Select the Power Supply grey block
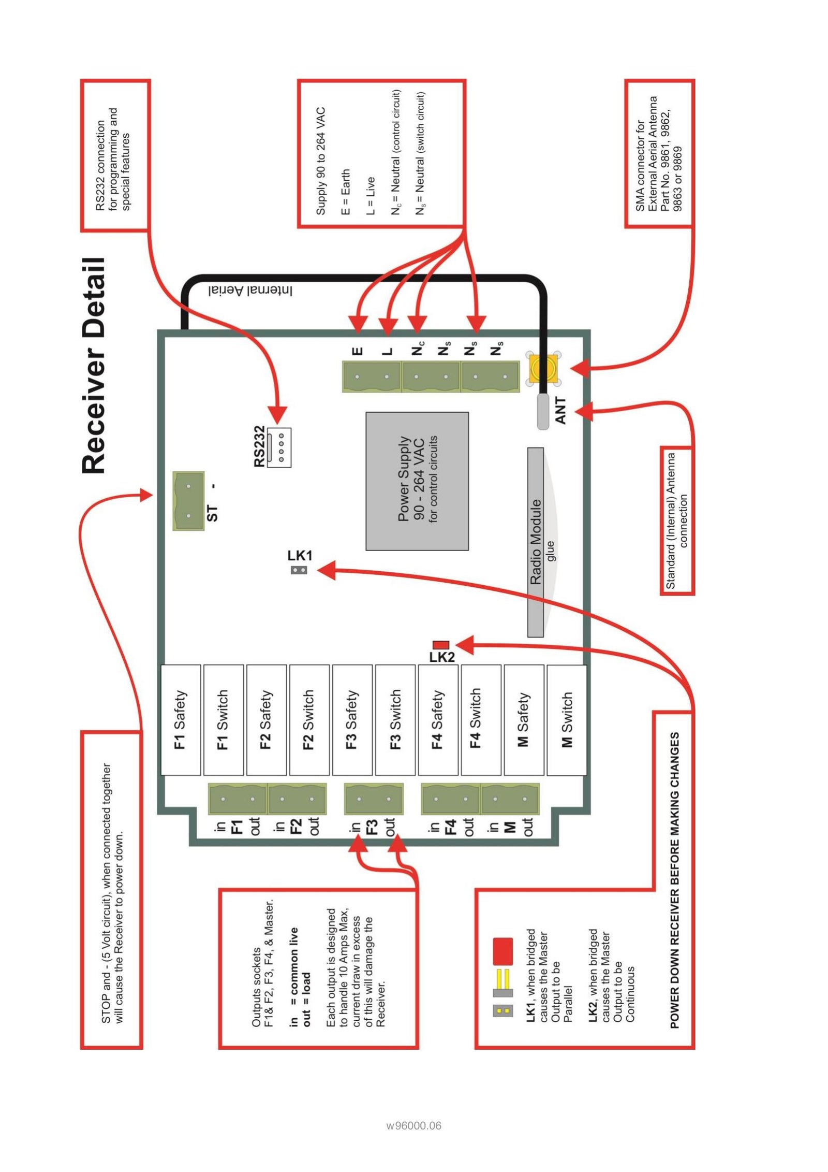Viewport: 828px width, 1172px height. point(417,481)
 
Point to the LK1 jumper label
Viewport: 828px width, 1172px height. point(300,555)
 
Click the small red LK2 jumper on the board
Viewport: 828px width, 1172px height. point(440,645)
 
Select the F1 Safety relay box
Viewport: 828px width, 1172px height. point(181,720)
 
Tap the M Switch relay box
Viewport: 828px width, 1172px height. point(567,720)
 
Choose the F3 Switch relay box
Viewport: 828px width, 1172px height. point(395,720)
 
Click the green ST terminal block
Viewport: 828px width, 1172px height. point(188,500)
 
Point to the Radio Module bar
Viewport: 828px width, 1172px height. point(536,542)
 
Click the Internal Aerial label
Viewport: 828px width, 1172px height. point(250,290)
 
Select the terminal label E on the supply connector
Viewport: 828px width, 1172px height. point(358,351)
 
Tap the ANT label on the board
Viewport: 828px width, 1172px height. point(560,411)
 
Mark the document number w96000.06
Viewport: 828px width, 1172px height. point(413,1125)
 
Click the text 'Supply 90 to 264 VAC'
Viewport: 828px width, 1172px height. point(321,161)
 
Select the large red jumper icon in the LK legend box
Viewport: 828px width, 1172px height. point(502,951)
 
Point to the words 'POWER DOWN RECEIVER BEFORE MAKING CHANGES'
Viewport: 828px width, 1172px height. point(674,880)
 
